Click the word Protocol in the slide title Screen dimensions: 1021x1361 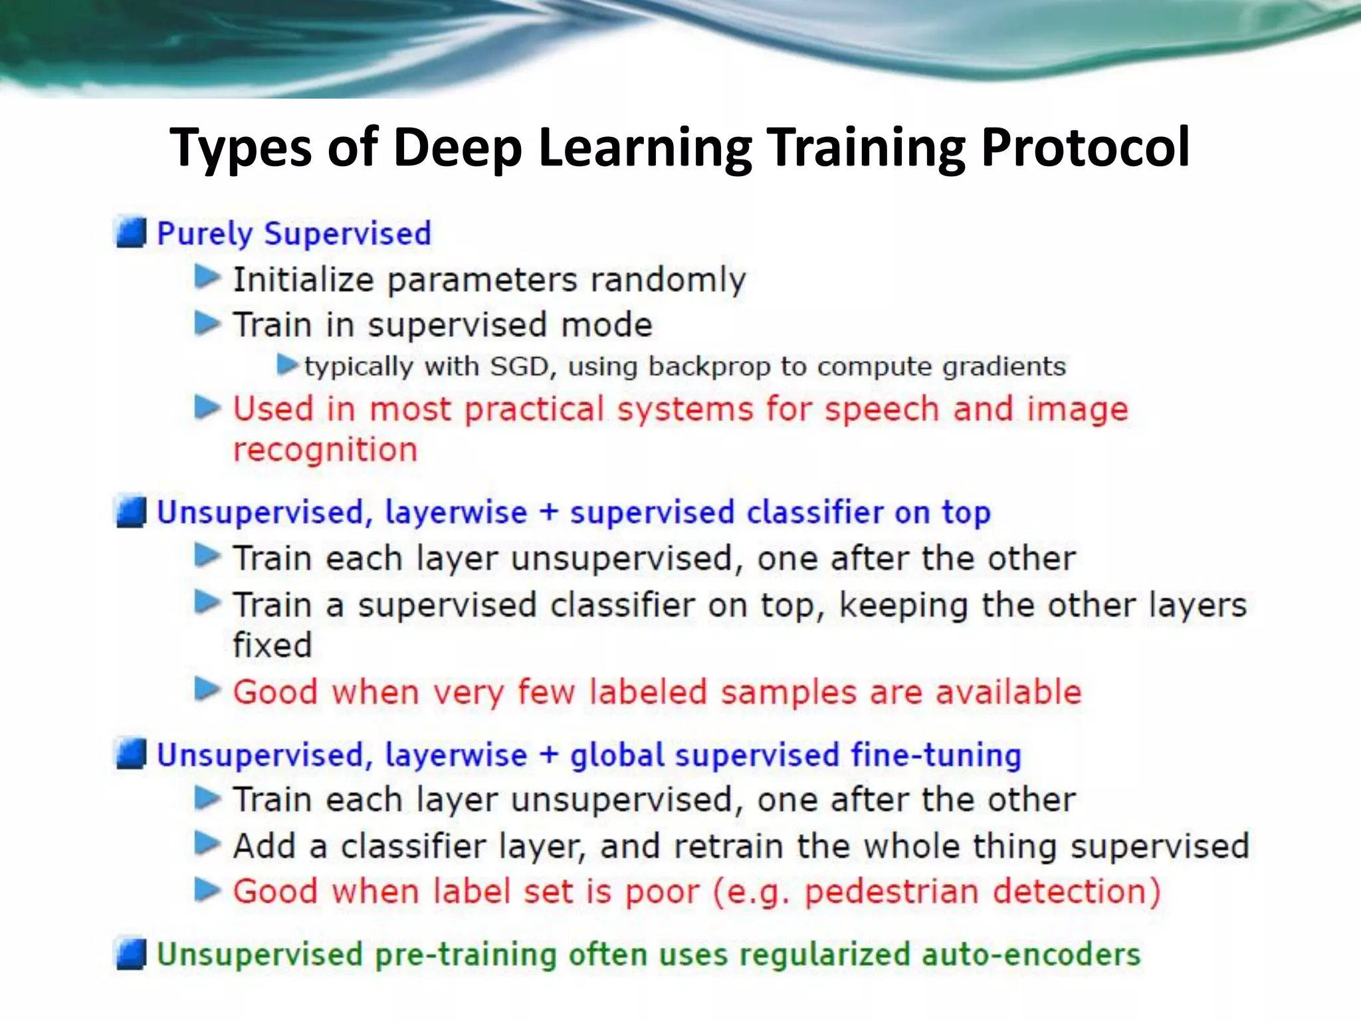click(1085, 148)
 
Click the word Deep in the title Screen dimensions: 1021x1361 click(457, 148)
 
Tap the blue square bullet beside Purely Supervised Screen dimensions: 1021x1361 click(131, 233)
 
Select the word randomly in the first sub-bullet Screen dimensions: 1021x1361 click(668, 279)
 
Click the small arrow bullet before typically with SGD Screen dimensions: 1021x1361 click(287, 364)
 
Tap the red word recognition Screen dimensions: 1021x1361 click(325, 450)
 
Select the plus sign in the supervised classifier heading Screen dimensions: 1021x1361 click(548, 512)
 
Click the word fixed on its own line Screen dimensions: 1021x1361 click(272, 645)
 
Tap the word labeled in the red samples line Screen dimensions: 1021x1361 click(648, 692)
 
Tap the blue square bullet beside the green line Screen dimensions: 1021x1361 click(131, 955)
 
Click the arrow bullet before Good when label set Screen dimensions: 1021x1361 click(207, 889)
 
